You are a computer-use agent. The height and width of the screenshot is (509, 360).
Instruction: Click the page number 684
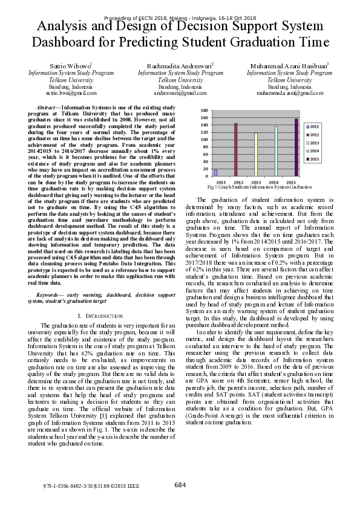(180, 485)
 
